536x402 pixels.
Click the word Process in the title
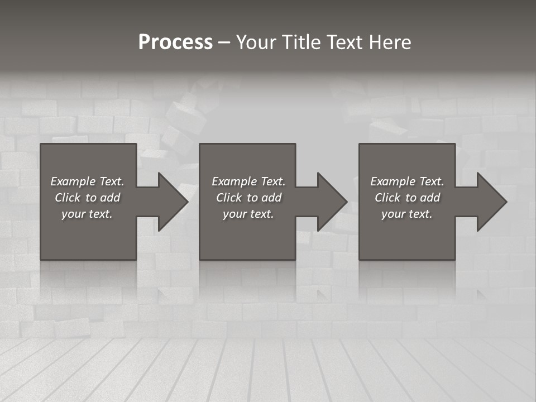click(175, 42)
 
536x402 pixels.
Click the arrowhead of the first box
click(173, 202)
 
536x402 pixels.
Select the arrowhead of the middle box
click(332, 202)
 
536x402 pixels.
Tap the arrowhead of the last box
click(491, 202)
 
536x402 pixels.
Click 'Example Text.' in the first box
click(87, 181)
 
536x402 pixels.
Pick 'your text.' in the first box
click(87, 214)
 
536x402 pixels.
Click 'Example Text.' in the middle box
click(248, 181)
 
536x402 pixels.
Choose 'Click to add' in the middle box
click(248, 198)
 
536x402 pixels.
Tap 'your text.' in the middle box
click(248, 214)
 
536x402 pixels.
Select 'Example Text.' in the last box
click(407, 181)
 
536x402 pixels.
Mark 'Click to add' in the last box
click(407, 198)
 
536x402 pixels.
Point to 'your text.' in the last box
click(407, 214)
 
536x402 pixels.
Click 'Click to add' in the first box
click(87, 198)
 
